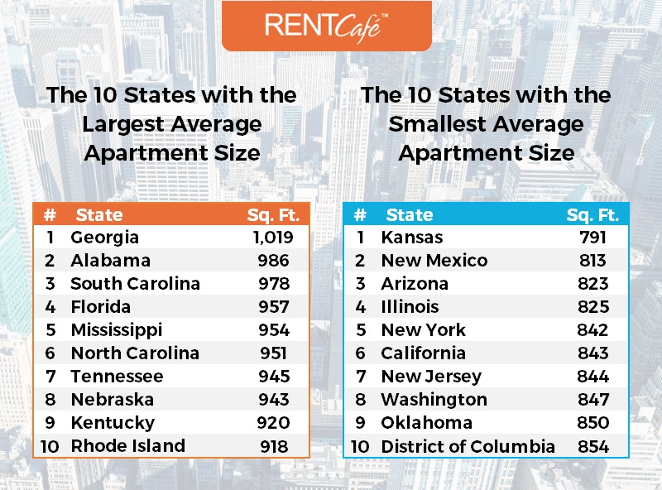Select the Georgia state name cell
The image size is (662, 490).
(x=104, y=238)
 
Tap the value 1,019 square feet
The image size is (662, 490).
(x=273, y=238)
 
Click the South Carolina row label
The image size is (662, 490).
(x=135, y=284)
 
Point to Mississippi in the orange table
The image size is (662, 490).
(x=116, y=330)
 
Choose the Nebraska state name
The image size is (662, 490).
(x=112, y=400)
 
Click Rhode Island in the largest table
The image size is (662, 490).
(x=127, y=446)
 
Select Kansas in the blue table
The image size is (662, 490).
(x=408, y=238)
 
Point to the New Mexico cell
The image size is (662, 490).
(x=434, y=261)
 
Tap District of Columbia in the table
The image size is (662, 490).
(x=468, y=447)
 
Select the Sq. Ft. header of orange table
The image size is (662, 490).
(x=273, y=215)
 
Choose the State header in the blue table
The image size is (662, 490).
(x=410, y=215)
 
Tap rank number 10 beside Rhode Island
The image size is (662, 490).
(x=49, y=446)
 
